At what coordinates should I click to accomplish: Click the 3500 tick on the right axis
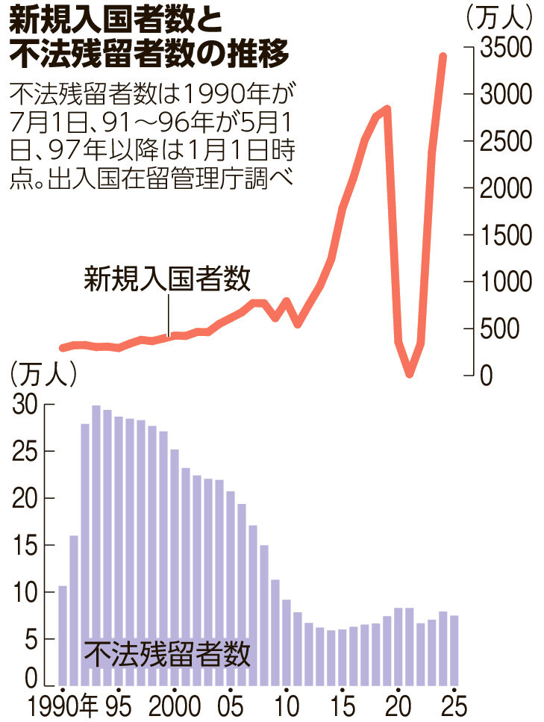coord(504,47)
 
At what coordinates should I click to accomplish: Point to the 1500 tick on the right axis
coord(504,235)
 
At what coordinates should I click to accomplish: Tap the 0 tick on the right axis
coord(487,376)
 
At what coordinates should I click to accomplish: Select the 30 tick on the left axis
coord(27,405)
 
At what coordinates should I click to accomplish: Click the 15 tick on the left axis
coord(27,546)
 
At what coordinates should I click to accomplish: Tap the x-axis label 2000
coord(175,706)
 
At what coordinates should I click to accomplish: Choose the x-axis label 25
coord(452,706)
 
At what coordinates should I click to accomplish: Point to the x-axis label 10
coord(286,706)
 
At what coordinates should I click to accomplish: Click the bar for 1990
coord(63,635)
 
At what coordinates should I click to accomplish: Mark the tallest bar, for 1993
coord(96,546)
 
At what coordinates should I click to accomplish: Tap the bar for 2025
coord(453,650)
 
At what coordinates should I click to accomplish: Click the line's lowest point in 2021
coord(410,373)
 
